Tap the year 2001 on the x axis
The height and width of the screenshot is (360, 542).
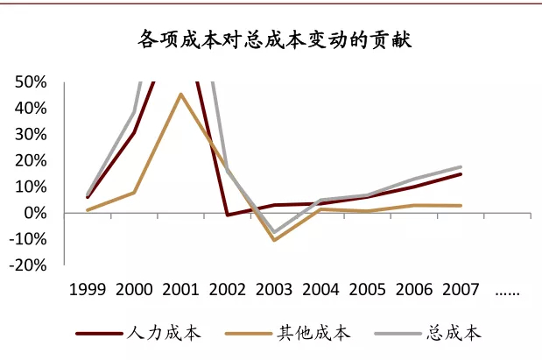(180, 290)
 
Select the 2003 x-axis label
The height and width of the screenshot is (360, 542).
(275, 290)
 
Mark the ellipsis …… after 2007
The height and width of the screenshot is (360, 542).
(508, 292)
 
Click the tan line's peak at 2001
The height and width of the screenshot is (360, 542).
(180, 94)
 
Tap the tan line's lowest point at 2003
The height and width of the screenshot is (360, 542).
(275, 240)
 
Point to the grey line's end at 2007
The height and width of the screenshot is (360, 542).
(461, 166)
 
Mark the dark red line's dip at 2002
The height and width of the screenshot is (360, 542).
(228, 215)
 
